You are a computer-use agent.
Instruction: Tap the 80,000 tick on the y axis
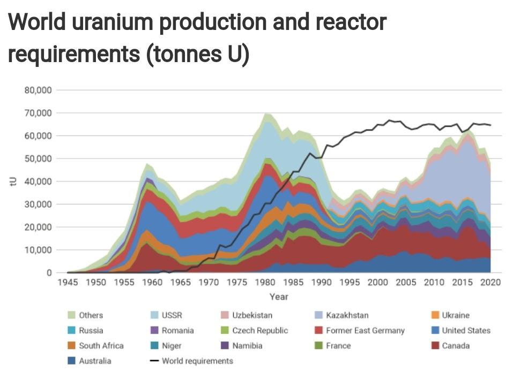click(38, 90)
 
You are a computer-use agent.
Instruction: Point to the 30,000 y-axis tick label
click(38, 204)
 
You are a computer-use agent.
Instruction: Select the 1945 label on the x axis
click(68, 282)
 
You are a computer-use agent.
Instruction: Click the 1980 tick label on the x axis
click(265, 282)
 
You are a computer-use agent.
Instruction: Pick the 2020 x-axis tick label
click(490, 282)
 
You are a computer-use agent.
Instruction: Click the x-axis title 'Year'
click(279, 297)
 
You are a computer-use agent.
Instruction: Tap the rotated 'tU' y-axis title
click(13, 181)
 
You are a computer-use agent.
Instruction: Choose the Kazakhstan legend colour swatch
click(318, 315)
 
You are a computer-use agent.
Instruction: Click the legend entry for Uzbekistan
click(247, 315)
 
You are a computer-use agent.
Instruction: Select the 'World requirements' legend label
click(198, 361)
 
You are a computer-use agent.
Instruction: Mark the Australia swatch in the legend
click(71, 361)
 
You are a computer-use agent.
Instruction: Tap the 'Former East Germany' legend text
click(366, 331)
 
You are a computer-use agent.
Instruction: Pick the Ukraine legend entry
click(450, 315)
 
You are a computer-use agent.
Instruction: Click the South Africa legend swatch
click(71, 346)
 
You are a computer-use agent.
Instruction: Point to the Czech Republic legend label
click(260, 331)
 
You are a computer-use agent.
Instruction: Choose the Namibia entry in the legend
click(242, 346)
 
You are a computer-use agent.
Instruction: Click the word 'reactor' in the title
click(351, 22)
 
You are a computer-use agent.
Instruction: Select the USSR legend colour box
click(154, 315)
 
